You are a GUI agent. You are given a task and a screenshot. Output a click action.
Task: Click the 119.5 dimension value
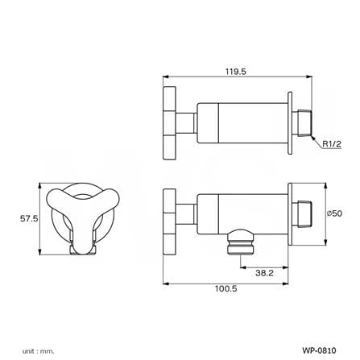235,72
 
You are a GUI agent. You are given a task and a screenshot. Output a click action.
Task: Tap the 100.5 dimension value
226,288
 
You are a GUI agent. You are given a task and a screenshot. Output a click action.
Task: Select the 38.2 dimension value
264,273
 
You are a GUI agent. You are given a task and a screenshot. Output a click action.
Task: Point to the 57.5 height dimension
29,218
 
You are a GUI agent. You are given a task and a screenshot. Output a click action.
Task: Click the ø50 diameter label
334,213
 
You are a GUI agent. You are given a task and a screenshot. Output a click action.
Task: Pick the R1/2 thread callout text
332,144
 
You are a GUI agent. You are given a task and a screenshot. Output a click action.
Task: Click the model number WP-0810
319,350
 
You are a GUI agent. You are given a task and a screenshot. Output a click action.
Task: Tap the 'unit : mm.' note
38,351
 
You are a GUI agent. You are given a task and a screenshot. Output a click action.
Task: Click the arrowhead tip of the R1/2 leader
312,136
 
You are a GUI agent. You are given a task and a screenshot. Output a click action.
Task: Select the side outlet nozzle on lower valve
241,242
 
